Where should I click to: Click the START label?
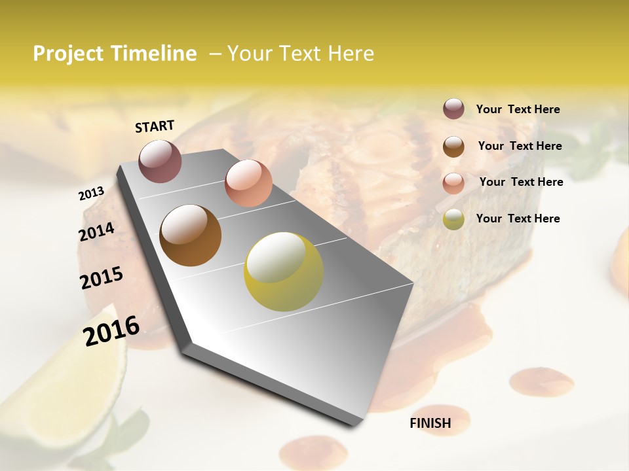click(x=155, y=126)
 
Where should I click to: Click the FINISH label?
click(x=430, y=423)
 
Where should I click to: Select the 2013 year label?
click(x=91, y=194)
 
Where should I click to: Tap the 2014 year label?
click(x=96, y=232)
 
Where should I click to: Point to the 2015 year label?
click(x=102, y=278)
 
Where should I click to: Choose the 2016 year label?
click(x=111, y=330)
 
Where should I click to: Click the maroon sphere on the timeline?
click(x=160, y=161)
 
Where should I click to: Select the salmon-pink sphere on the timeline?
click(x=248, y=183)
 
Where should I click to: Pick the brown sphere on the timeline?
click(x=191, y=235)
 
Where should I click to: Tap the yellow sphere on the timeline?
click(x=284, y=271)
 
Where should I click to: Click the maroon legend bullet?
click(x=453, y=109)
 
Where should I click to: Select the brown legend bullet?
click(x=453, y=147)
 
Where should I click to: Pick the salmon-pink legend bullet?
click(x=453, y=183)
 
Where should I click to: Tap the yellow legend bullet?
click(x=453, y=219)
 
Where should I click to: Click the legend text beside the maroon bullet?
click(x=518, y=110)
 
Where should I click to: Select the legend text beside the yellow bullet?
click(x=518, y=218)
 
